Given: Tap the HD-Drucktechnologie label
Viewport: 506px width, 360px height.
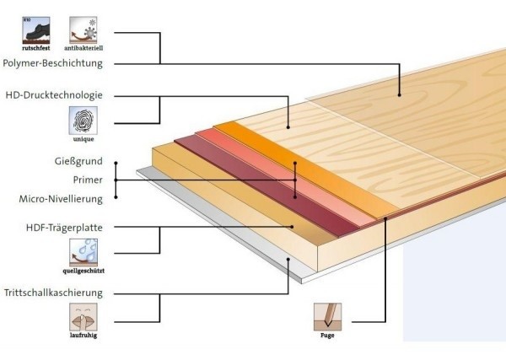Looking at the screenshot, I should coord(53,95).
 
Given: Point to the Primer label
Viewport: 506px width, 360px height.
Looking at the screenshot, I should coord(88,180).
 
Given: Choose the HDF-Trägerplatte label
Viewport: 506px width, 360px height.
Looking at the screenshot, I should coord(57,228).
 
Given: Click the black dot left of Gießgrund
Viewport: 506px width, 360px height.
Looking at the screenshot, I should coord(116,162).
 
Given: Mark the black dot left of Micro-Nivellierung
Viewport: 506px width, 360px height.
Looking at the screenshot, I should coord(116,198).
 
